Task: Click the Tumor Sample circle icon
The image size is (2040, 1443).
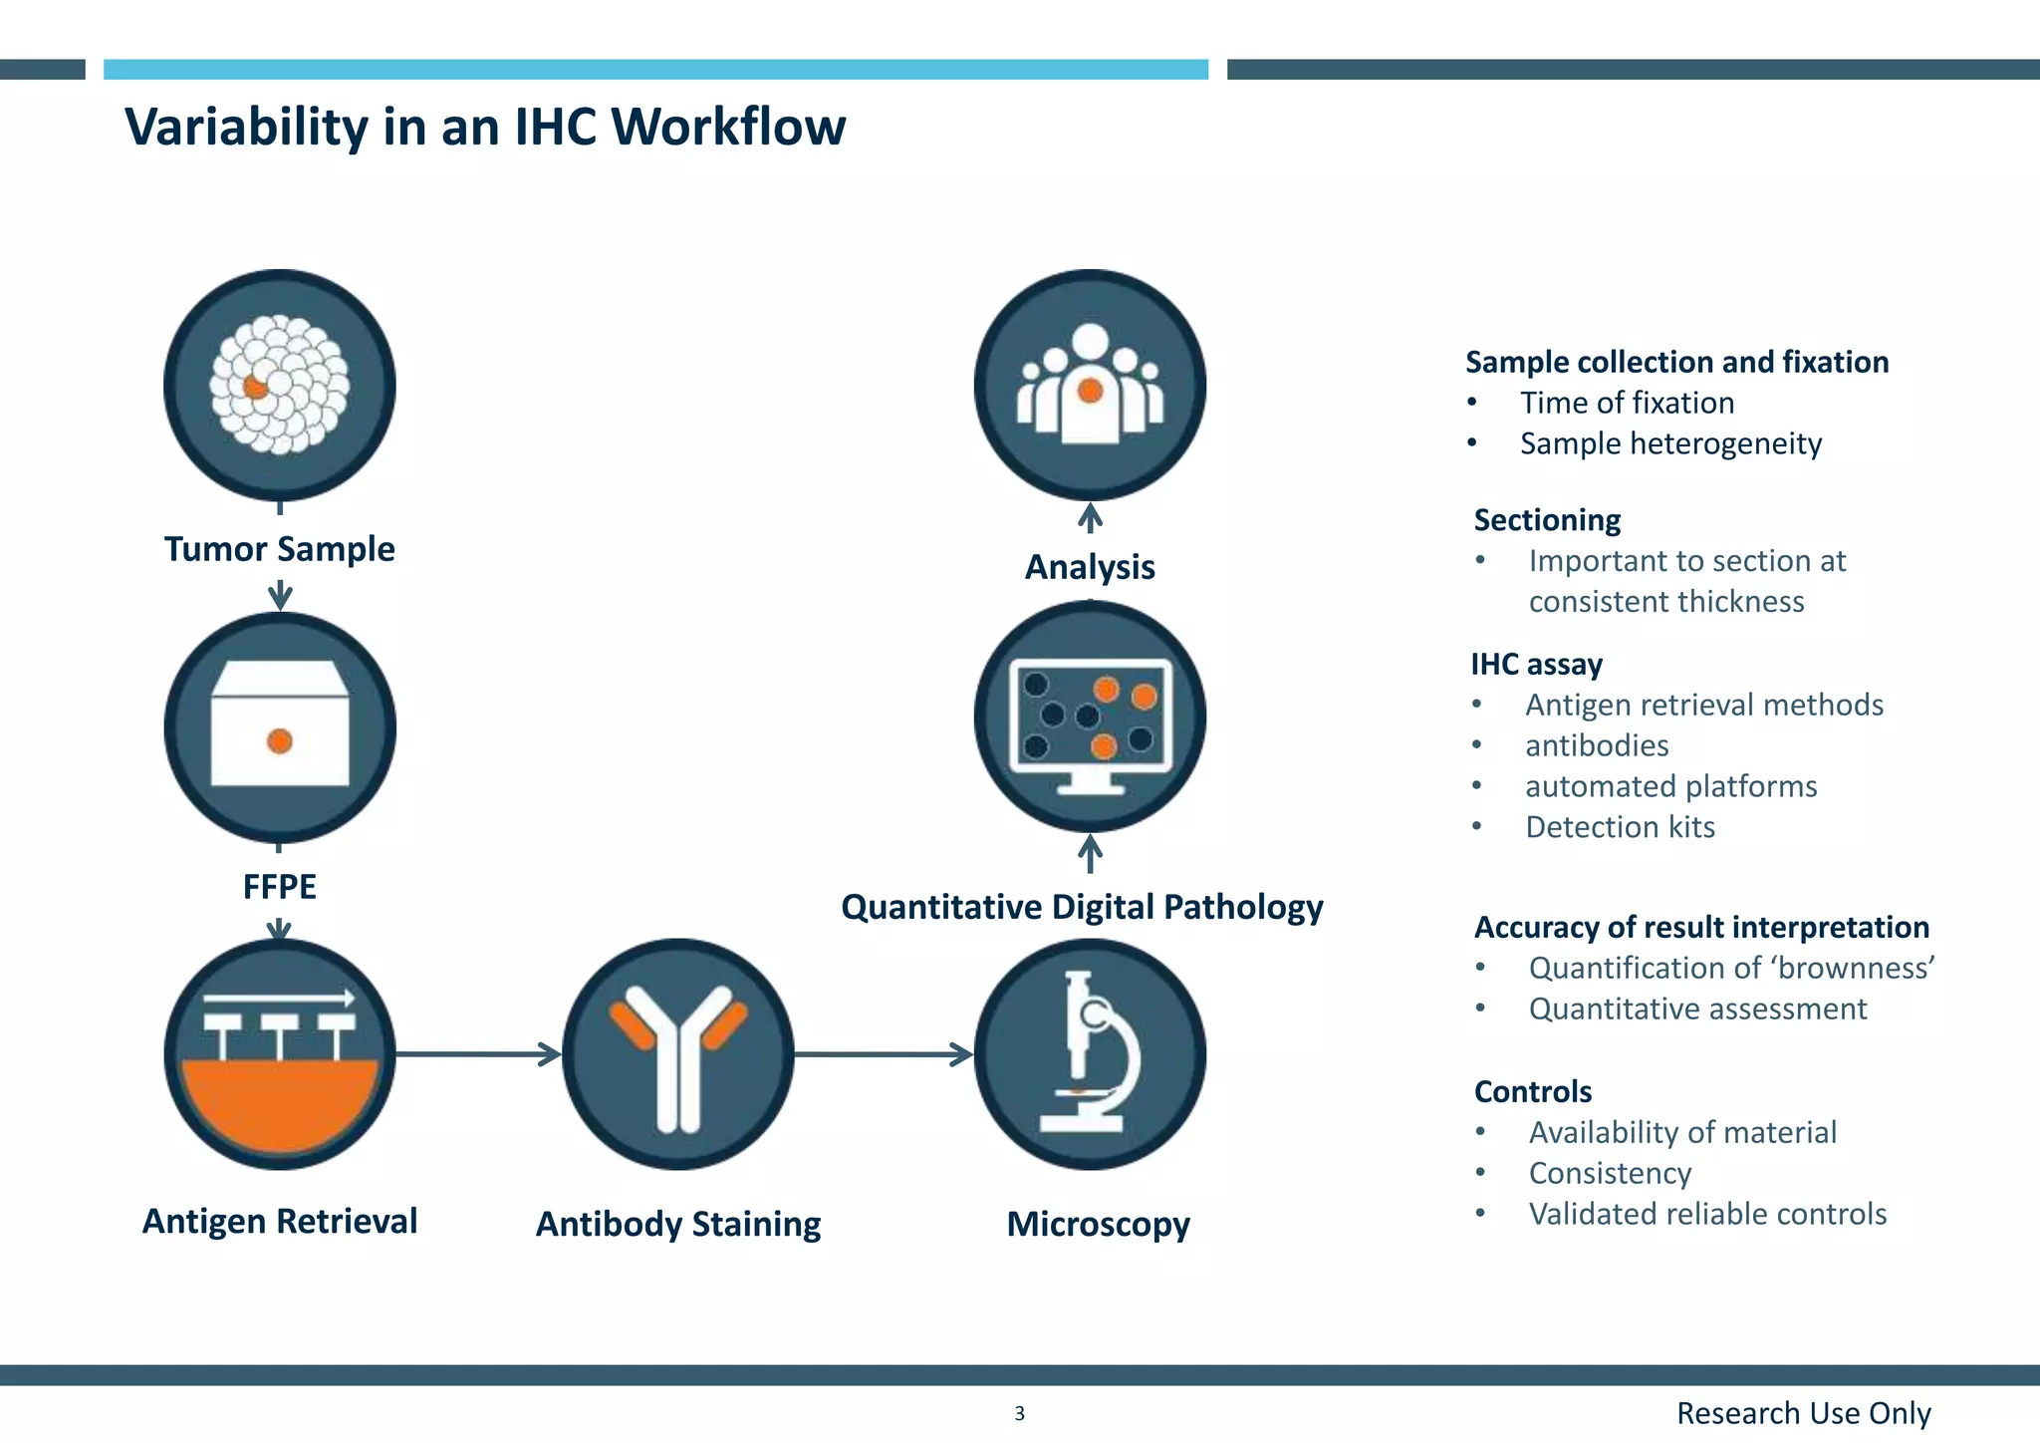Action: pos(279,385)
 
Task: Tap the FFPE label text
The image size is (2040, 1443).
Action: pos(279,886)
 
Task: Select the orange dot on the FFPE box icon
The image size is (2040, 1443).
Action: pos(280,741)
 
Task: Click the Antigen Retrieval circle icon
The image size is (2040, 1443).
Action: pos(279,1054)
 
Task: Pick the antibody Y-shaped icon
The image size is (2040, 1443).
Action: pos(678,1054)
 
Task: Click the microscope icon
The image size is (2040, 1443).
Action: pos(1090,1054)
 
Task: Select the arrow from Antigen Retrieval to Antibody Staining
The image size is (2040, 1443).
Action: pos(478,1054)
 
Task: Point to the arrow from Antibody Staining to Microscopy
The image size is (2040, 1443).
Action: pos(883,1054)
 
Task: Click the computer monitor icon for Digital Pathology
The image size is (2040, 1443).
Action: pos(1090,718)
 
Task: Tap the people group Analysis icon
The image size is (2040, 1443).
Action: pos(1090,385)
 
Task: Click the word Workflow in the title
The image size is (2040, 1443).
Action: pos(728,128)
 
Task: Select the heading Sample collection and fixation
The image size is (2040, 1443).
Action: pos(1676,362)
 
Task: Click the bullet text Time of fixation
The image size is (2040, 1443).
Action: pos(1627,403)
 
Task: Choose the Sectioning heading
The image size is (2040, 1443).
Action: pos(1547,520)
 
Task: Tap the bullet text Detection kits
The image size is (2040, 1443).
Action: pos(1620,827)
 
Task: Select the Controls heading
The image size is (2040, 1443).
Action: pos(1533,1091)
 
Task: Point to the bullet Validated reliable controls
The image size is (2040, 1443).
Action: pos(1707,1214)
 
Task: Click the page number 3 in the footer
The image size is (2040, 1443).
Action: pos(1019,1413)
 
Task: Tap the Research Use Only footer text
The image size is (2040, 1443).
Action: pos(1803,1413)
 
